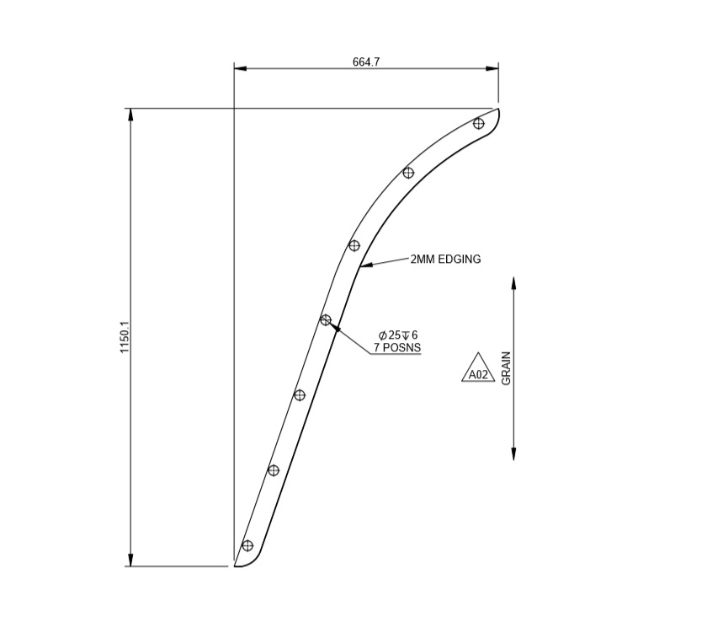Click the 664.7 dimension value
tap(366, 62)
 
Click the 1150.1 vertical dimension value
tap(124, 337)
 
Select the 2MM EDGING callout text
tap(445, 260)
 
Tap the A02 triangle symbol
tap(478, 371)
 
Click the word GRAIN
tap(506, 368)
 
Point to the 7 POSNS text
tap(397, 347)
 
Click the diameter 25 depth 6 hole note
tap(398, 335)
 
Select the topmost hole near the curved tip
tap(479, 123)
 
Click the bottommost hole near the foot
tap(247, 545)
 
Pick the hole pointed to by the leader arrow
tap(326, 319)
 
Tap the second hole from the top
tap(408, 173)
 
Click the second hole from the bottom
tap(274, 470)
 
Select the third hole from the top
tap(354, 245)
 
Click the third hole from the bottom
tap(300, 394)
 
